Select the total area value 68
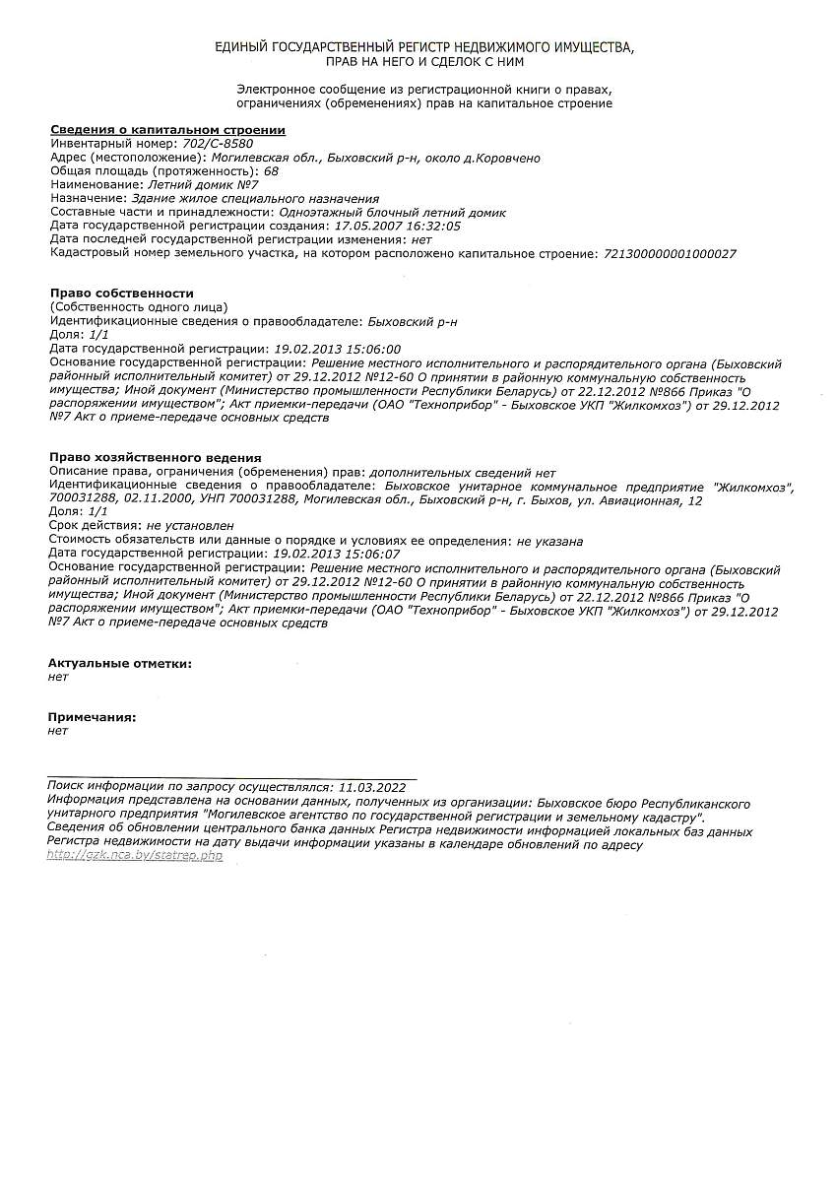pyautogui.click(x=272, y=171)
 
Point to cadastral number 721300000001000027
pyautogui.click(x=670, y=254)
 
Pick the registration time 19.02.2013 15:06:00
pyautogui.click(x=337, y=350)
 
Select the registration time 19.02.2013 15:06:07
pyautogui.click(x=337, y=556)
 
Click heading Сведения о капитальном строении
pyautogui.click(x=167, y=130)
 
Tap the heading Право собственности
pyautogui.click(x=122, y=294)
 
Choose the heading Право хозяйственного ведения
pyautogui.click(x=156, y=458)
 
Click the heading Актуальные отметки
pyautogui.click(x=120, y=664)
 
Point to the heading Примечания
pyautogui.click(x=93, y=718)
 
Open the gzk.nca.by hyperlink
pyautogui.click(x=135, y=856)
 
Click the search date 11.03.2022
pyautogui.click(x=371, y=788)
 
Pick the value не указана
pyautogui.click(x=549, y=542)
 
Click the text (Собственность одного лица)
pyautogui.click(x=139, y=308)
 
